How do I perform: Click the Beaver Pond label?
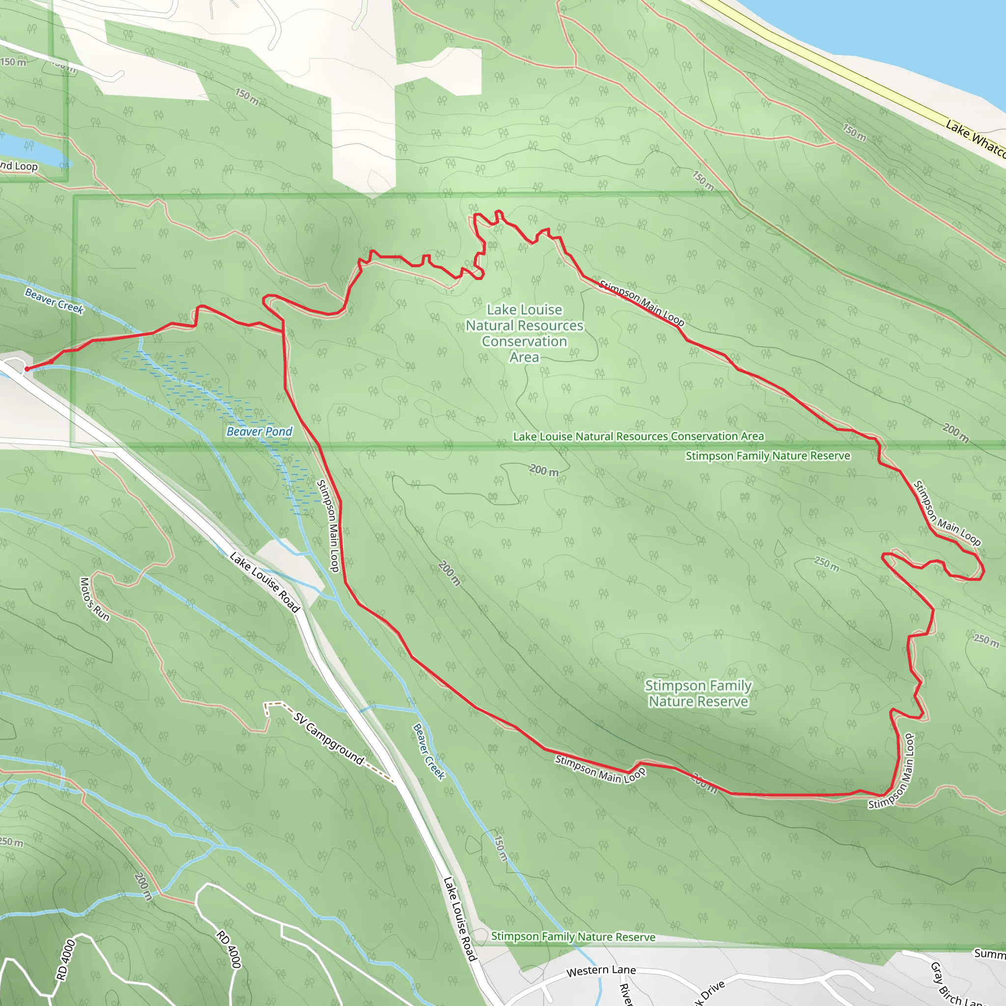tap(259, 431)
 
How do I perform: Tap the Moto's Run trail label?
tap(95, 599)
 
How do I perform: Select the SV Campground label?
tap(329, 738)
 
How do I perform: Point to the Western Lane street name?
tap(601, 971)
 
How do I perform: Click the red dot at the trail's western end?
tap(27, 369)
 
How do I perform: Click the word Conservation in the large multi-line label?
tap(524, 341)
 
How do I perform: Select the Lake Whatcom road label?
tap(974, 138)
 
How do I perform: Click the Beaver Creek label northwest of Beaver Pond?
tap(54, 301)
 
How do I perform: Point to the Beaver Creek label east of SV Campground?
tap(428, 752)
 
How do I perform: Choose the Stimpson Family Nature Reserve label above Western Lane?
tap(573, 937)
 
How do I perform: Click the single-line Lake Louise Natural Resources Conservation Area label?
tap(639, 436)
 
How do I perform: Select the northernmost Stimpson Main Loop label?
tap(642, 303)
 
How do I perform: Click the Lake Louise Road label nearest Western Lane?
tap(460, 918)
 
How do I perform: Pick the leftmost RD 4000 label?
tap(66, 959)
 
